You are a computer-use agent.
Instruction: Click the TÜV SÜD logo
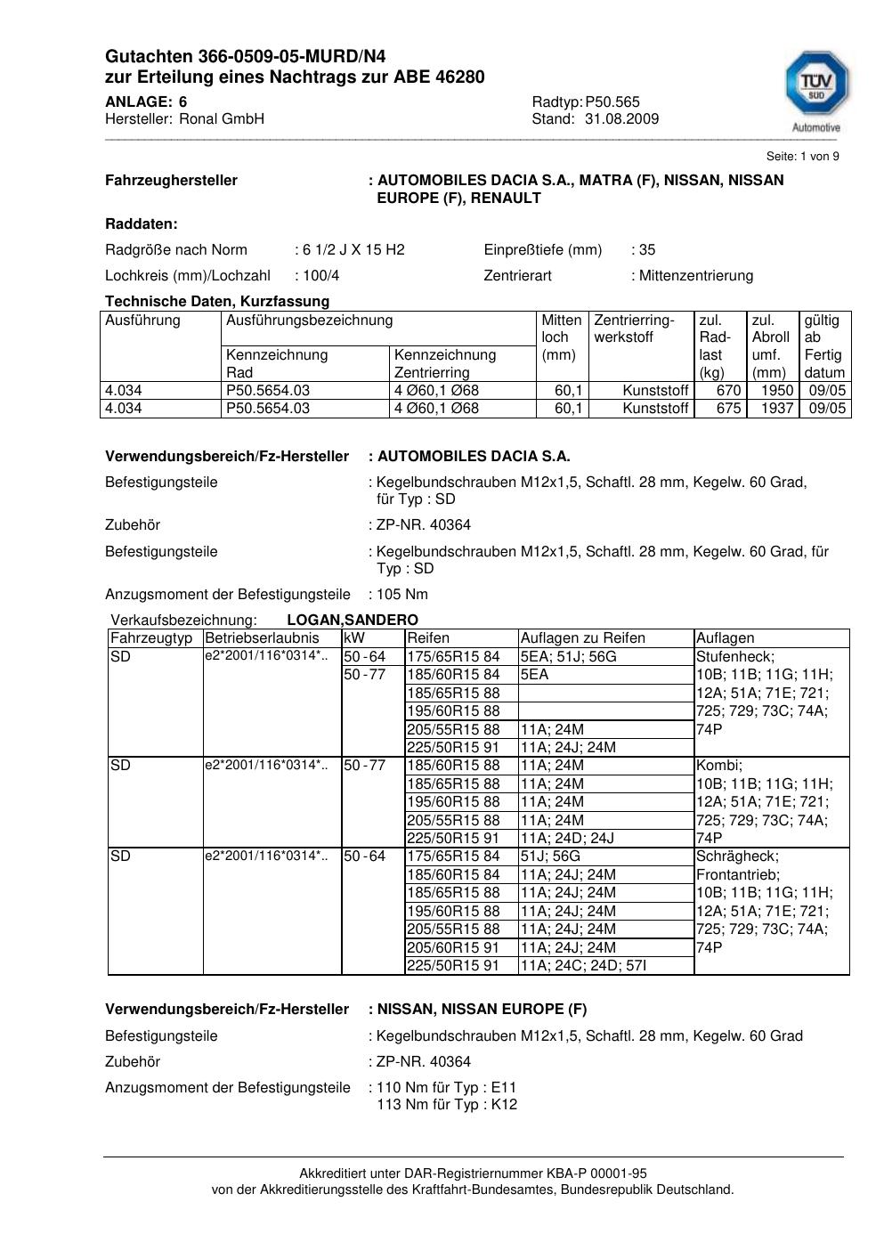click(815, 89)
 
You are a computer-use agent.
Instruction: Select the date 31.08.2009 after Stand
click(621, 119)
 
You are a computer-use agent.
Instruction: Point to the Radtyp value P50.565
click(612, 102)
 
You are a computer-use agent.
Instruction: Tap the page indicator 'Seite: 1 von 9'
click(802, 157)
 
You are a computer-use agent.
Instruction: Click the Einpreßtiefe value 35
click(647, 250)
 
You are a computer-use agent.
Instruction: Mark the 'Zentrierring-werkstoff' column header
click(634, 329)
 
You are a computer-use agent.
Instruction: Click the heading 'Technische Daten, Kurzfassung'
click(217, 302)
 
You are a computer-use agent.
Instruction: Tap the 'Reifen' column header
click(428, 638)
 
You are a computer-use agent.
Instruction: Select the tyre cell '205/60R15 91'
click(453, 947)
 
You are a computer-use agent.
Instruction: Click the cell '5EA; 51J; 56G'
click(569, 657)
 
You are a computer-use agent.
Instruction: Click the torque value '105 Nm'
click(402, 595)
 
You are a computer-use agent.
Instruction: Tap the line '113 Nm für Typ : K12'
click(447, 1105)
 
